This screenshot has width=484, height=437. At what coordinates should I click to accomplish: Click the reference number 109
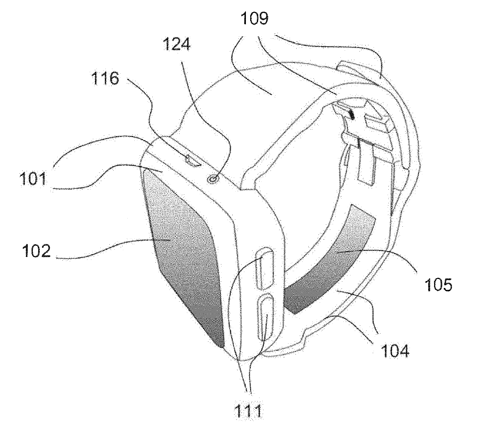[x=254, y=18]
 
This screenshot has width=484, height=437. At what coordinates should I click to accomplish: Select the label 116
[x=105, y=78]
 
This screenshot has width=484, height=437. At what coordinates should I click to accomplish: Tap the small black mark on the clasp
[x=352, y=114]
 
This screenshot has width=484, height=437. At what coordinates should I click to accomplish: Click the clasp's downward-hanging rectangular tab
[x=367, y=164]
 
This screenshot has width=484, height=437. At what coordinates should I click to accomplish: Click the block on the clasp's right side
[x=378, y=123]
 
